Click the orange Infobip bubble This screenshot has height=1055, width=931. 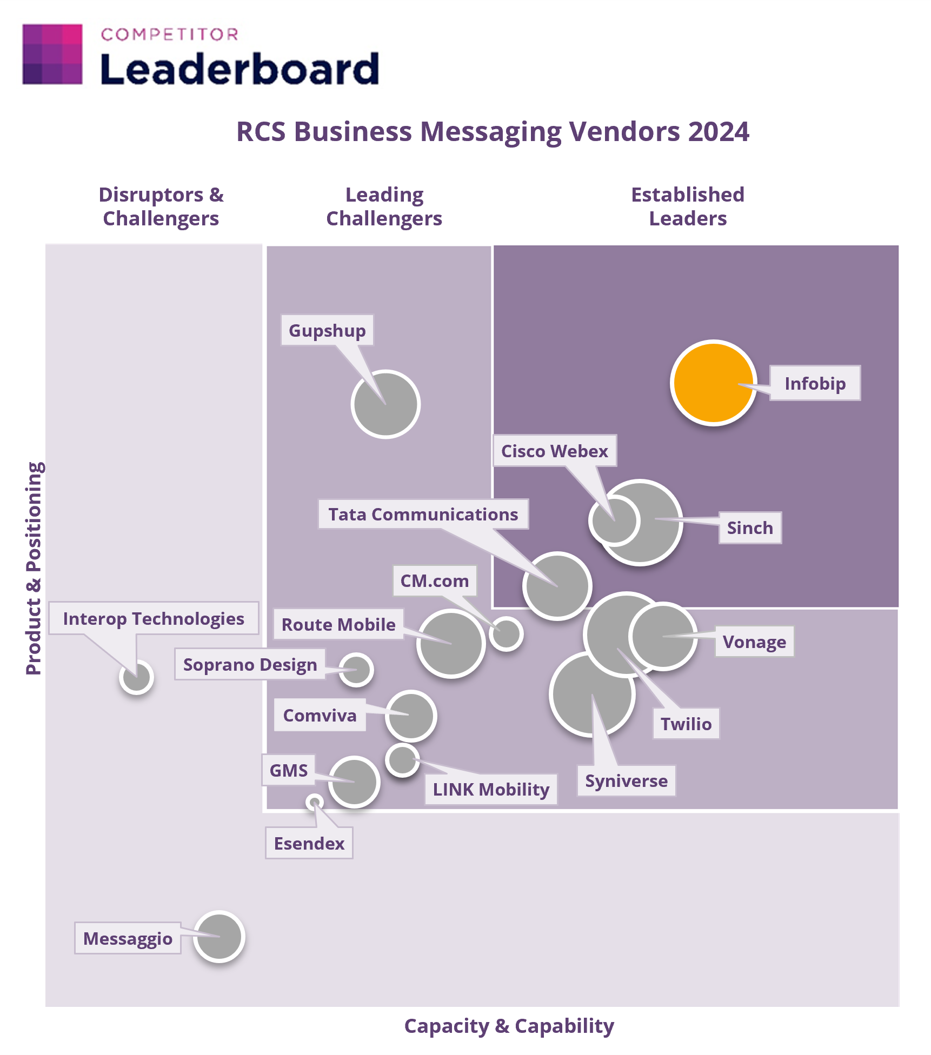tap(713, 383)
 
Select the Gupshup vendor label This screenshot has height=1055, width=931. tap(327, 330)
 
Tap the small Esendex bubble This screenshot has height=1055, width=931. tap(315, 802)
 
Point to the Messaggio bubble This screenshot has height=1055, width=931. tap(220, 937)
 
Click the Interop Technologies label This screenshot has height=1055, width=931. tap(154, 618)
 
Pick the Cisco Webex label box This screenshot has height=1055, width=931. tap(555, 451)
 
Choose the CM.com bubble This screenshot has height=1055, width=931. tap(506, 633)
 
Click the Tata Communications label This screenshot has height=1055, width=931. tap(423, 514)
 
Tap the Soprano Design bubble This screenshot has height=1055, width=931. tap(356, 670)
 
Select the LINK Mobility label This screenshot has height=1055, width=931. tap(491, 789)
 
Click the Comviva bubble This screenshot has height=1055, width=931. tap(411, 716)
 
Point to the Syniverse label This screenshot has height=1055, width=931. tap(627, 780)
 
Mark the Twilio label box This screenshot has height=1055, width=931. tap(686, 723)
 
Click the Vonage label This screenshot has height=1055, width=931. tap(755, 642)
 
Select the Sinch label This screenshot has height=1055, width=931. tap(750, 527)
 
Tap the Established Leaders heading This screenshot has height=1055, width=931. tap(688, 206)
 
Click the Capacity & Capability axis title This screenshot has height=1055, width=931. tap(509, 1025)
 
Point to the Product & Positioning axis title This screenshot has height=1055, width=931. tap(34, 568)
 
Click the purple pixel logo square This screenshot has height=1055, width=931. tap(52, 54)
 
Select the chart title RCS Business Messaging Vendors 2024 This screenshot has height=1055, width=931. tap(493, 132)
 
